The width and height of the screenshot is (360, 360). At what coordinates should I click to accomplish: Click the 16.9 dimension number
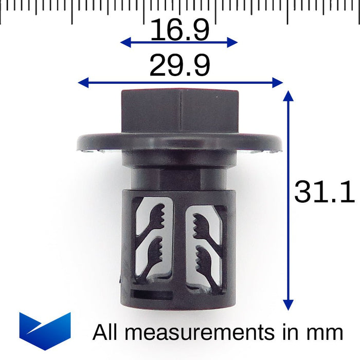(179, 30)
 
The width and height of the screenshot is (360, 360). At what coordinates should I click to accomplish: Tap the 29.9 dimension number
(179, 65)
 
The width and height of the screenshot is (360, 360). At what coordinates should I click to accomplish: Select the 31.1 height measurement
(325, 191)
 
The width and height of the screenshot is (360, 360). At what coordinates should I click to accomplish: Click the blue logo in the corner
(45, 331)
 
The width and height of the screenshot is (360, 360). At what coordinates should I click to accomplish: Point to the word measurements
(200, 332)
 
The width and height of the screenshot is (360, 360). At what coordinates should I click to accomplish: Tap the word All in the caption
(105, 332)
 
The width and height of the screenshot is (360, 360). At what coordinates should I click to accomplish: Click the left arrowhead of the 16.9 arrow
(125, 42)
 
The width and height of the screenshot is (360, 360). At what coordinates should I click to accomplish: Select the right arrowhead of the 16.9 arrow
(232, 42)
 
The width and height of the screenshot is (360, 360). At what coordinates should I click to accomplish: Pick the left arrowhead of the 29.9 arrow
(83, 83)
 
